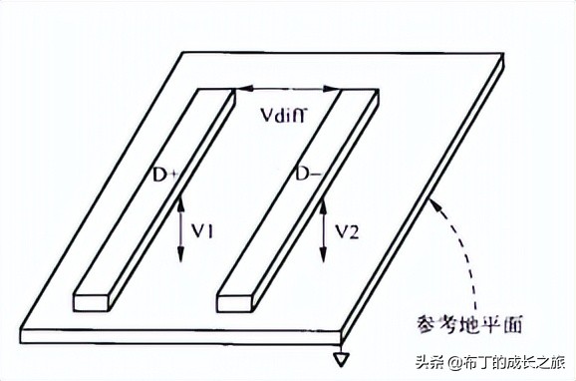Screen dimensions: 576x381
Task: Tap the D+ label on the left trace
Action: [x=165, y=176]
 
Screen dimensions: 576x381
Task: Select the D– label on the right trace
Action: [x=307, y=175]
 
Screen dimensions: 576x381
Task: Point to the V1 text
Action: [x=206, y=231]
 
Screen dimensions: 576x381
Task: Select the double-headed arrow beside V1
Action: [x=181, y=228]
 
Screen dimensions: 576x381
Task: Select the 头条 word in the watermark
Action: [x=428, y=360]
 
